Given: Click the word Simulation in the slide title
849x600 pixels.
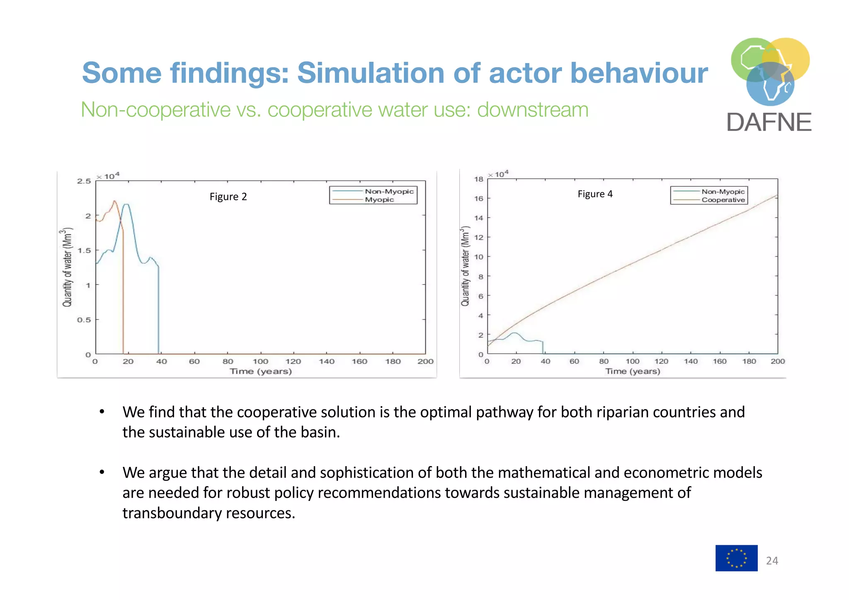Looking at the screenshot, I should [371, 73].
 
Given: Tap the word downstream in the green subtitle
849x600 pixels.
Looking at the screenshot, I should [532, 110].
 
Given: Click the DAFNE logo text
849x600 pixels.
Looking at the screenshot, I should [769, 122].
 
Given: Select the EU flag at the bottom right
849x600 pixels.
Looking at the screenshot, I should [736, 558].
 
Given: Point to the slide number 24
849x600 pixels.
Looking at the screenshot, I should [772, 561].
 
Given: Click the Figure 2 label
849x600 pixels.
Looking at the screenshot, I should [228, 197].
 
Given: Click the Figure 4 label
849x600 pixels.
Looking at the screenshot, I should [595, 194].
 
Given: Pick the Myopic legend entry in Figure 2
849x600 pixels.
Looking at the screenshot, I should [379, 199].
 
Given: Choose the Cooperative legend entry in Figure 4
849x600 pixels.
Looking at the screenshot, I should [723, 200].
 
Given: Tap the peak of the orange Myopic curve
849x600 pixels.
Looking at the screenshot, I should [114, 201].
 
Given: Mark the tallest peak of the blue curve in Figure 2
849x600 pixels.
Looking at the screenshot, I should [126, 204].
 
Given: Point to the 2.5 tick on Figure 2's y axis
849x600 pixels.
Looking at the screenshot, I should [84, 181].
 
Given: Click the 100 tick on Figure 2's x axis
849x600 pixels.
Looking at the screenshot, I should [260, 362].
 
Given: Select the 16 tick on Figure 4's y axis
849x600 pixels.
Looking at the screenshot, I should [479, 199].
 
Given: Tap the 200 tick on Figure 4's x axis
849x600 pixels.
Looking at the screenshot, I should [778, 362].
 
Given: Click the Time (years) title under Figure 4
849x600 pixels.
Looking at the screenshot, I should [632, 371].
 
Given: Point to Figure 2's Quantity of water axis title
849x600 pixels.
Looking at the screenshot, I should [67, 267].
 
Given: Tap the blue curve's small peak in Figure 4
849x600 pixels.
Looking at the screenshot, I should [514, 333].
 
